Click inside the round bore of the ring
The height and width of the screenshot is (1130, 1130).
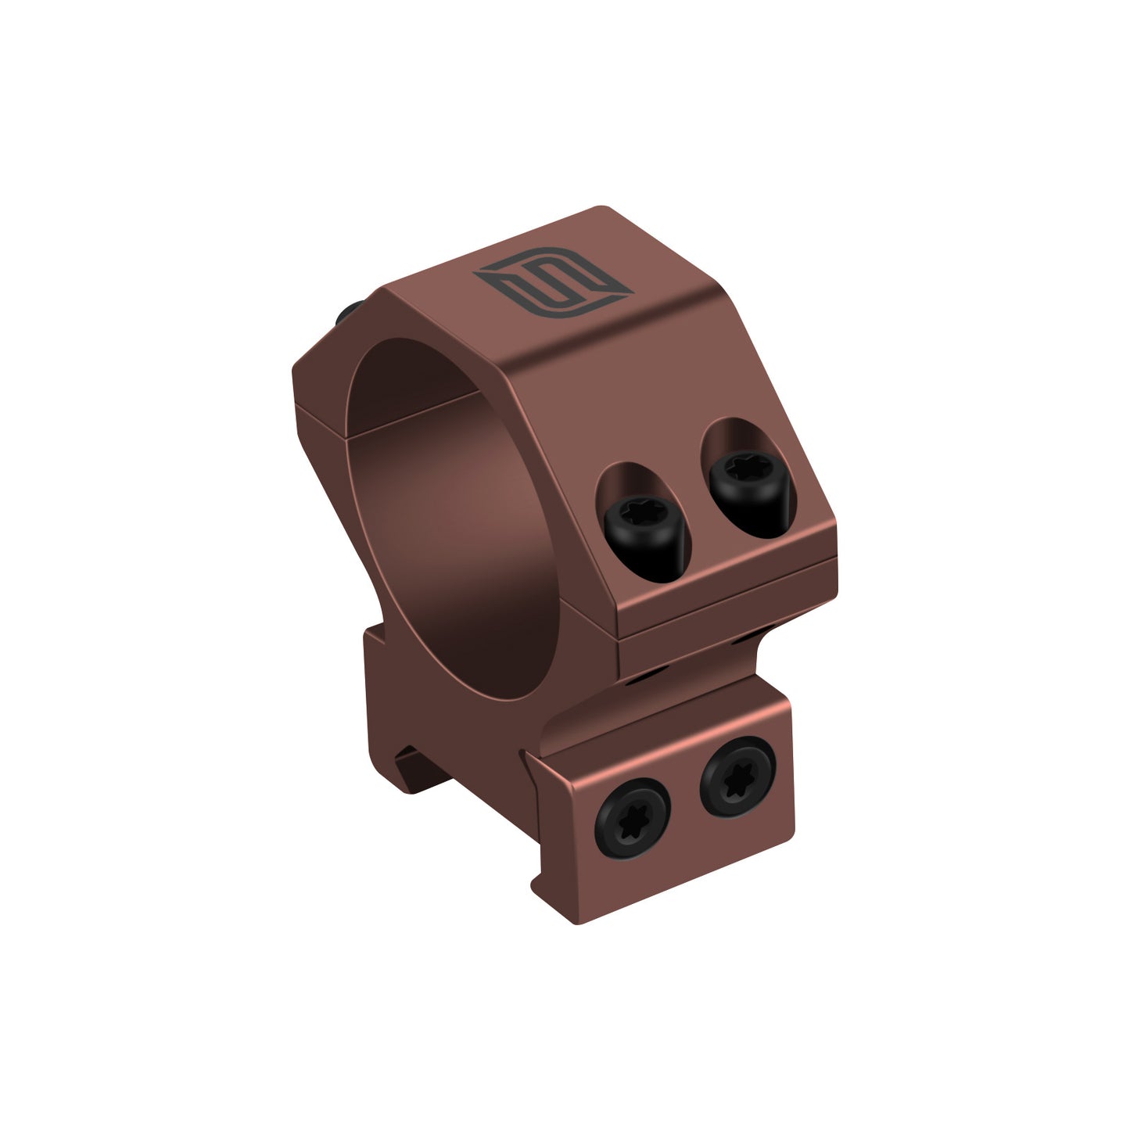[461, 532]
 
